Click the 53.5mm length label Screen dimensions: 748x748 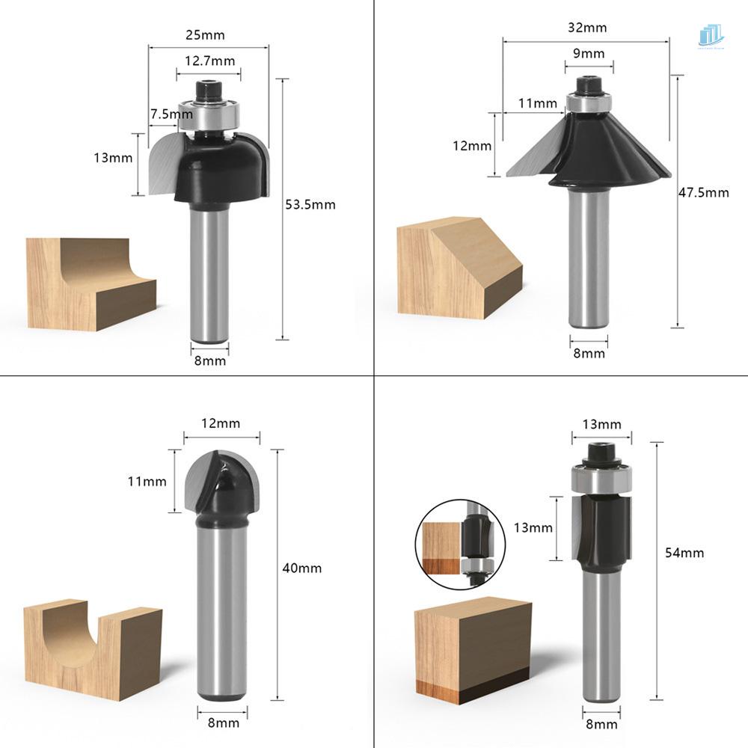point(310,204)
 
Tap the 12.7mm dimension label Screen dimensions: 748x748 point(209,61)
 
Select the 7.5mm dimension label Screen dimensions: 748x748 point(171,114)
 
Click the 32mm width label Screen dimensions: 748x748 point(587,28)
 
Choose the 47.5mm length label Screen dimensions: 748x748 point(703,192)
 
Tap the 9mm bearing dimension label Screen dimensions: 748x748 point(588,53)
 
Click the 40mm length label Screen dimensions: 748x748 point(302,568)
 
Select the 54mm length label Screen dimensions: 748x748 point(684,553)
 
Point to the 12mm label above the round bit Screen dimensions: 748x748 point(221,423)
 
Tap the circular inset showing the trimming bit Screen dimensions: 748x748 point(452,545)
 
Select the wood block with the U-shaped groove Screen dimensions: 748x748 point(93,643)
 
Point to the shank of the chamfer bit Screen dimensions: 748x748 point(588,258)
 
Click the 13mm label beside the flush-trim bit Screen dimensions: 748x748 point(534,528)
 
